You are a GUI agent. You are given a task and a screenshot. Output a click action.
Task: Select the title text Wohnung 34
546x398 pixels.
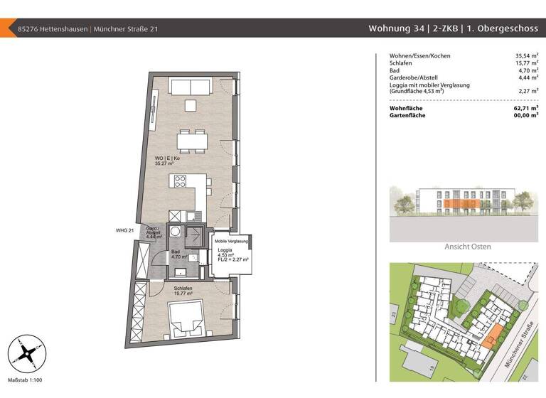coord(394,29)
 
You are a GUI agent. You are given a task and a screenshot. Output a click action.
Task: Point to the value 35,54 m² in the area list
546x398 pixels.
coord(525,55)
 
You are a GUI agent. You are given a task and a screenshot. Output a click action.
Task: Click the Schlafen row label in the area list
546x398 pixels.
coord(402,63)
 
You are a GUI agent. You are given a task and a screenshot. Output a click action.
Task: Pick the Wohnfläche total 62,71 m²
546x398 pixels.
coord(525,108)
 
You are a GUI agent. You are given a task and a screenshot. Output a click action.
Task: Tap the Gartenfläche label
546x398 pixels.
coord(408,115)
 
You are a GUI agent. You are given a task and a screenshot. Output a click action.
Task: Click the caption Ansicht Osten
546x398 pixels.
coord(467,247)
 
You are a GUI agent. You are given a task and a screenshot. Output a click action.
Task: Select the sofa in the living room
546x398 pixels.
coord(189,87)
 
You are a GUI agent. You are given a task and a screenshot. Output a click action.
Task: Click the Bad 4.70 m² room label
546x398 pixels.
coord(178,254)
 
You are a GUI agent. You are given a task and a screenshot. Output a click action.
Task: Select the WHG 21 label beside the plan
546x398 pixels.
coord(124,230)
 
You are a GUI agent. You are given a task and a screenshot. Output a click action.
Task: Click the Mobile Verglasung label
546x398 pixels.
coord(232,242)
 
